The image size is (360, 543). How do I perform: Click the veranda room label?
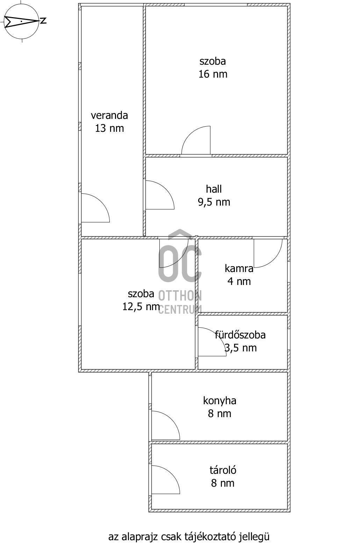pos(109,115)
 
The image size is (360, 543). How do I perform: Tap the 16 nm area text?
pos(213,74)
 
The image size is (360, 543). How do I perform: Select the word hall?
pos(214,189)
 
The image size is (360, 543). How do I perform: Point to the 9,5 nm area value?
pos(214,202)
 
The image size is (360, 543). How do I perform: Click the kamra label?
pos(239,268)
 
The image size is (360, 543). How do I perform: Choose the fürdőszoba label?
pos(240,335)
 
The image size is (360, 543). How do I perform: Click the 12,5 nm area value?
pos(141,307)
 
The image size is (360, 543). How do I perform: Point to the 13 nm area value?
pos(109,128)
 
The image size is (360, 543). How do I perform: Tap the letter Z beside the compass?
pos(43,21)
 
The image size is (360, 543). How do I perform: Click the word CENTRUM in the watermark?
pos(180,309)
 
